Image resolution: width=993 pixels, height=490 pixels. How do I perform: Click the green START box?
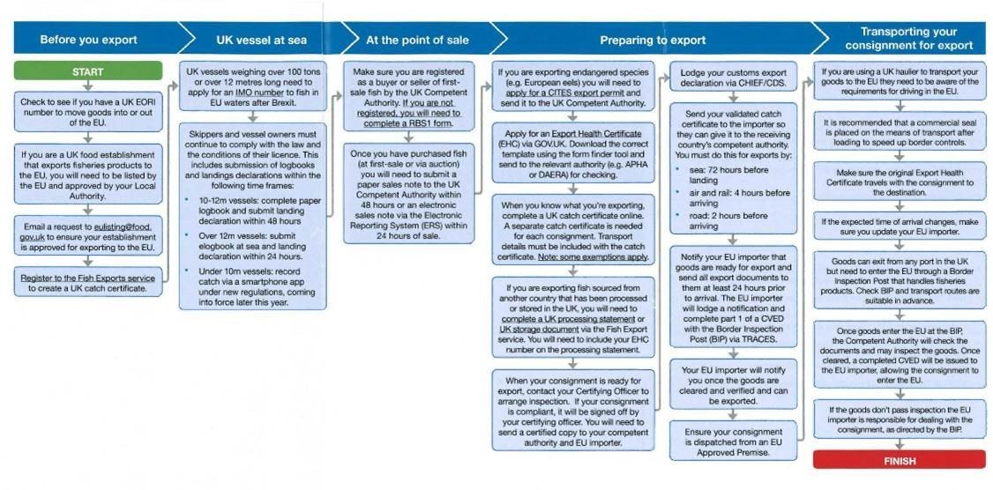[x=87, y=71]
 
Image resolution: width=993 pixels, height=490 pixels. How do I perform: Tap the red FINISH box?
[x=899, y=460]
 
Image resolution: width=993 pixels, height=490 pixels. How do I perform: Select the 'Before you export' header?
[x=88, y=40]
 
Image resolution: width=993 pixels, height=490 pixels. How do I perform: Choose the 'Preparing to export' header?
[x=653, y=40]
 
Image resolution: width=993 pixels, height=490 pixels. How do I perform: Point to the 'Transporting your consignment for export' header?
[x=908, y=39]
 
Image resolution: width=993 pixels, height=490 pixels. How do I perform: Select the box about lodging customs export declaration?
[x=734, y=78]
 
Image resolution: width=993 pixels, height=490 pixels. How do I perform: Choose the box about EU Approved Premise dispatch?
[x=734, y=442]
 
